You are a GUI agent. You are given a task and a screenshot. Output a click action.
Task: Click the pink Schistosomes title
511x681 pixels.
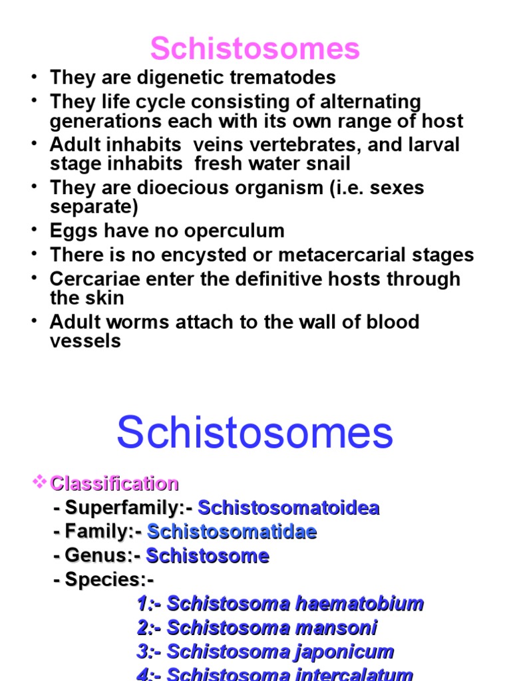point(255,48)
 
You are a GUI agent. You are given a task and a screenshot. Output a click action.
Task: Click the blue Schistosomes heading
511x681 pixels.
point(255,432)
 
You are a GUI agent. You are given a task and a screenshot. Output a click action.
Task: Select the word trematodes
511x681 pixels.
point(283,78)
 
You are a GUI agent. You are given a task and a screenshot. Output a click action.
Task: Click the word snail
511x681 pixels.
point(329,164)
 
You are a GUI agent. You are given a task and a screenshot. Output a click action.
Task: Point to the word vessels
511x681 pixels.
point(85,341)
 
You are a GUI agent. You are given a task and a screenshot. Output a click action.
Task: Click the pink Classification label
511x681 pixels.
point(114,484)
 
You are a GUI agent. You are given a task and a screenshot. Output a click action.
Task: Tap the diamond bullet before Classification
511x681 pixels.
point(39,481)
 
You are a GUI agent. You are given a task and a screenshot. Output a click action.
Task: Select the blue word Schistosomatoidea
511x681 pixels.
point(289,507)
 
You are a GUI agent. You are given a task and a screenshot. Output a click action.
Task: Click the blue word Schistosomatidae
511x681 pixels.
point(232,531)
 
